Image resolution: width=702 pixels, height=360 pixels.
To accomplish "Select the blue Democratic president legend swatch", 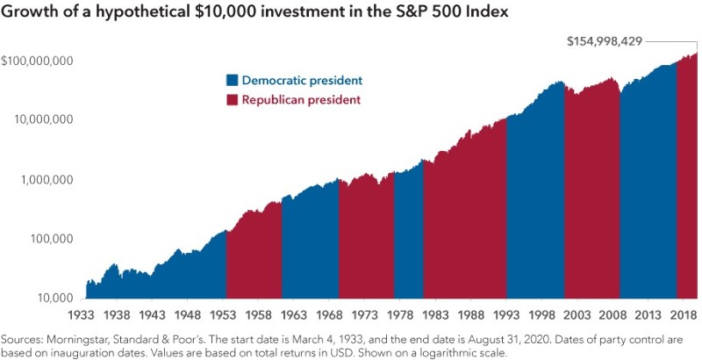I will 233,81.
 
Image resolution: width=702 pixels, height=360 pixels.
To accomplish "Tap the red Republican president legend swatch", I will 233,100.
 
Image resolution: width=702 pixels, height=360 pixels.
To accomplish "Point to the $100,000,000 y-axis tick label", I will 38,61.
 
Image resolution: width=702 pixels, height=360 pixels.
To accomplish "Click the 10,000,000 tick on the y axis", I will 41,120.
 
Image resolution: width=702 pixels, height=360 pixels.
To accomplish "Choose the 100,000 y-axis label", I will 49,239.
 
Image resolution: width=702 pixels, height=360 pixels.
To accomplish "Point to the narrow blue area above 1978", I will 408,237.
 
